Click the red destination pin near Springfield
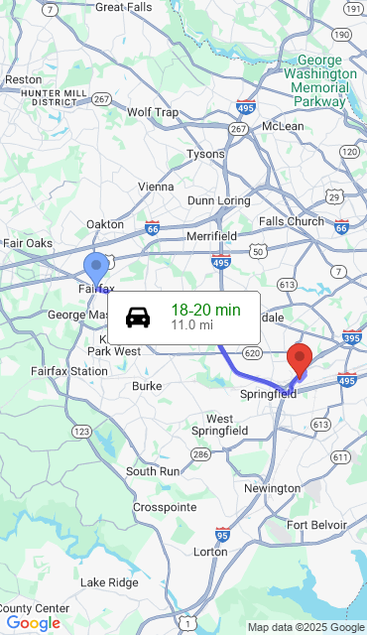point(299,360)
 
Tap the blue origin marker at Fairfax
point(96,268)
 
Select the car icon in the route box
point(138,317)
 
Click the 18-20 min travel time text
point(205,310)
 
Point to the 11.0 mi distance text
point(191,324)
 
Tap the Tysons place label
point(206,155)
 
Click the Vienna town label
point(155,187)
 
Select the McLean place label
point(283,127)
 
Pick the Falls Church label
point(291,221)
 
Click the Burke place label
point(147,386)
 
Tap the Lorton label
point(210,552)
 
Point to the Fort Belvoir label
point(316,525)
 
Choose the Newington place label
point(272,489)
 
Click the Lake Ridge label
point(109,582)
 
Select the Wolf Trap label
point(153,112)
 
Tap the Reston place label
point(23,79)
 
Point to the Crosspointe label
point(164,508)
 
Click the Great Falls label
point(124,7)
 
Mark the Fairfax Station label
point(68,371)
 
